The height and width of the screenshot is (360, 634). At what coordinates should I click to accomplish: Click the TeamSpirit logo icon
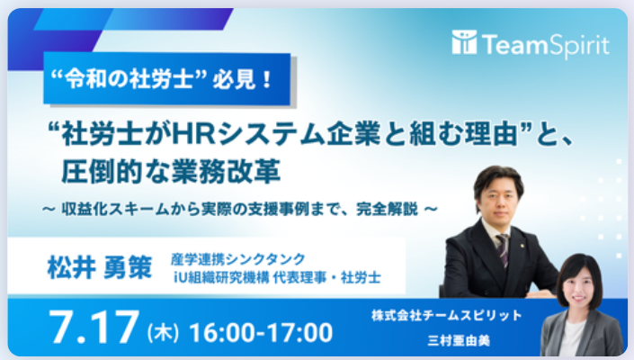[x=464, y=42]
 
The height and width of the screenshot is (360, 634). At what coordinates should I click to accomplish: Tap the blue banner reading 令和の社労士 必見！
[x=167, y=79]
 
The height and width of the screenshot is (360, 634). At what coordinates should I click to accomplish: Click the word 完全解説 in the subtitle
[x=387, y=209]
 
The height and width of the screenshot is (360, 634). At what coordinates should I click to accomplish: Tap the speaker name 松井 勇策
[x=100, y=268]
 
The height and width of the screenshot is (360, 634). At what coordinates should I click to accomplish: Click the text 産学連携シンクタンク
[x=238, y=258]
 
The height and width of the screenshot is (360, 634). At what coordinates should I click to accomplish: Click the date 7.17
[x=94, y=327]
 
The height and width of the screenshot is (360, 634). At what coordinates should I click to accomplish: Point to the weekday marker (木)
[x=163, y=333]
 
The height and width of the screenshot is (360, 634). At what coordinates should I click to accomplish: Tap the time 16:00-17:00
[x=261, y=332]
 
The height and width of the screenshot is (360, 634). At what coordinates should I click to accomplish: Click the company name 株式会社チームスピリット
[x=447, y=316]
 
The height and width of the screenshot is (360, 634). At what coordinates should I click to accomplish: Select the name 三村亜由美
[x=459, y=340]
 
